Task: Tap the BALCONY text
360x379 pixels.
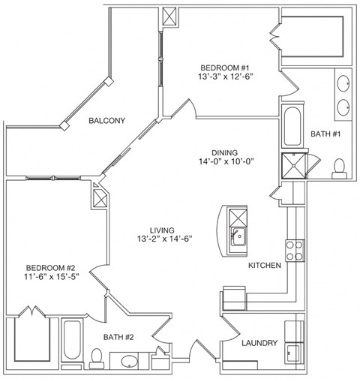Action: [106, 120]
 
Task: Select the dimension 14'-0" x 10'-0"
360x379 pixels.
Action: [223, 160]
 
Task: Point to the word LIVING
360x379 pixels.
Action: [161, 230]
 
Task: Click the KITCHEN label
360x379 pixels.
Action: [265, 266]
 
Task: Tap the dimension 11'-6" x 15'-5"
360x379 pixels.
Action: [51, 277]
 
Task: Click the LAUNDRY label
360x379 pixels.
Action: [259, 343]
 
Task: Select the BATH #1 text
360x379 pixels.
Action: [325, 134]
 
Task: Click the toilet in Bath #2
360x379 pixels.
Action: [96, 356]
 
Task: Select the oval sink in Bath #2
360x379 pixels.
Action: [129, 361]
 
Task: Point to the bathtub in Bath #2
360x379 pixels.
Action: [72, 343]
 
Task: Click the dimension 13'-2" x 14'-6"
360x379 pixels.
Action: [161, 239]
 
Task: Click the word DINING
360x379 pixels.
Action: [223, 149]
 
